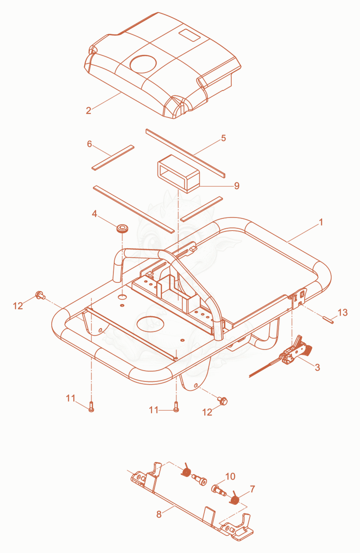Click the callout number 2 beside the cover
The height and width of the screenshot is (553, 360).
[x=89, y=110]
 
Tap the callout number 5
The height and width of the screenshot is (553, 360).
[x=223, y=138]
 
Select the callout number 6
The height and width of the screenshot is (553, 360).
[x=90, y=144]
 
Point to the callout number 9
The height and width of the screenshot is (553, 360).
[x=237, y=186]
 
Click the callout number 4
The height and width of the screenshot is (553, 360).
[x=94, y=214]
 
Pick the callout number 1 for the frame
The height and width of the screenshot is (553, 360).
[x=321, y=222]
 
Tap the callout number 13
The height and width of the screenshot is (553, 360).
[x=342, y=313]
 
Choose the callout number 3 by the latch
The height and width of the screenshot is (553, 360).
[x=317, y=367]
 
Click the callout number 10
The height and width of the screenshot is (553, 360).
[x=230, y=476]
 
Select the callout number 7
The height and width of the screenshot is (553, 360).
[x=252, y=489]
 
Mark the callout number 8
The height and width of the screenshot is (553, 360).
[x=159, y=514]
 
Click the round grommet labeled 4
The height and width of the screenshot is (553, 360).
[x=123, y=228]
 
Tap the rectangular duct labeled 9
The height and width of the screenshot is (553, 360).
[x=178, y=174]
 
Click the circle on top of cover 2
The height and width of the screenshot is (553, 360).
[x=143, y=64]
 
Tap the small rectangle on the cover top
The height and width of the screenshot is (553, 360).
[x=189, y=35]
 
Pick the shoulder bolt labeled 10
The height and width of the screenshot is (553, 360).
[x=219, y=490]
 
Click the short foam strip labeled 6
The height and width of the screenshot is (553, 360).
[x=113, y=158]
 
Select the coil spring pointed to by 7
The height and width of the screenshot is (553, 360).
[x=234, y=498]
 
